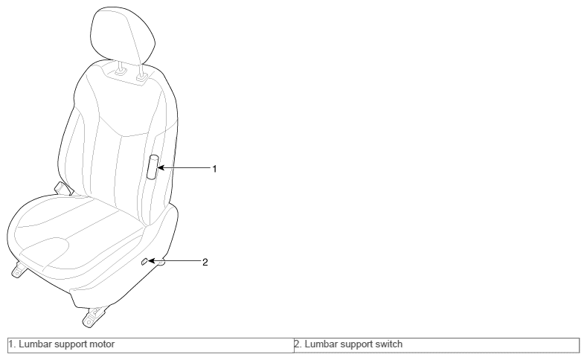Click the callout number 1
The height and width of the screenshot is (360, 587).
point(214,169)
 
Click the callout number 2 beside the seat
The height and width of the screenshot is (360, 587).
point(205,263)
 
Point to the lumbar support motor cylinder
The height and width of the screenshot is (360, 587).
point(153,167)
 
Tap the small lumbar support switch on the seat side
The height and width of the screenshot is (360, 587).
point(144,262)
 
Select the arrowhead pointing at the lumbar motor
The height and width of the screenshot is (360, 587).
point(161,168)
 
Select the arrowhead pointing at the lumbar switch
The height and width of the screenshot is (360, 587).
point(152,260)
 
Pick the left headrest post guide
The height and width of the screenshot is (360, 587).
point(121,72)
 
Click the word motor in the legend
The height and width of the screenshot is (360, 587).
point(102,344)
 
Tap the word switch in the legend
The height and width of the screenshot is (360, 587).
point(389,344)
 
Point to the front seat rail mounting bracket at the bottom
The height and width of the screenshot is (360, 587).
point(94,316)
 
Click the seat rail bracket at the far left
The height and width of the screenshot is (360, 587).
point(18,270)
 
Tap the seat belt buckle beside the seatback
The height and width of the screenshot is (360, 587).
point(62,188)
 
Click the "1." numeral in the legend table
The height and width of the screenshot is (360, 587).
point(13,344)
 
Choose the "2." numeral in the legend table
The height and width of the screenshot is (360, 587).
point(298,344)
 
